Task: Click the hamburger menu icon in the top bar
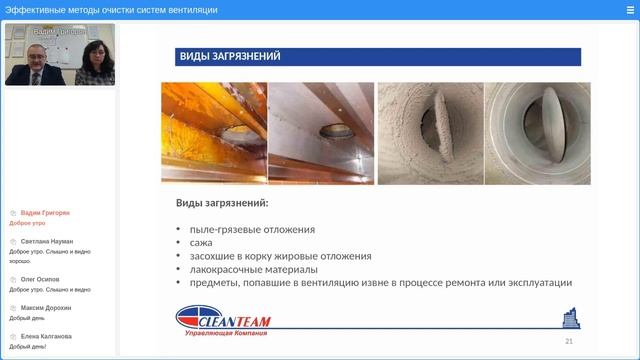click(x=629, y=10)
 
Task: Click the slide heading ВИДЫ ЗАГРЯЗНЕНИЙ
click(x=230, y=57)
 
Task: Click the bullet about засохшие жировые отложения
click(x=279, y=256)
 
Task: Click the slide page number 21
click(x=569, y=341)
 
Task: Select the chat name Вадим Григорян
click(x=45, y=213)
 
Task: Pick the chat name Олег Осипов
click(x=41, y=279)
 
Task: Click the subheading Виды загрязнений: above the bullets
click(x=222, y=204)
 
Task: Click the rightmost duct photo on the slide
click(x=538, y=133)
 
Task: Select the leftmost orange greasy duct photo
click(x=214, y=133)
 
